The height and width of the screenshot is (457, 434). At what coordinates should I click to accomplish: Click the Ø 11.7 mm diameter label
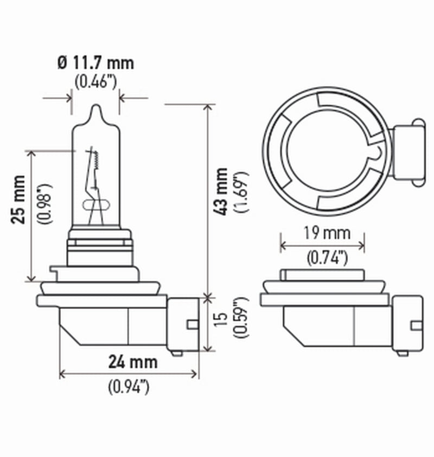[x=95, y=63]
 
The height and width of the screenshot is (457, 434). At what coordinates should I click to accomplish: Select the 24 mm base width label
[x=132, y=361]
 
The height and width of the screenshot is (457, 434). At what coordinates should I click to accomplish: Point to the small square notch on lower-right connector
[x=416, y=325]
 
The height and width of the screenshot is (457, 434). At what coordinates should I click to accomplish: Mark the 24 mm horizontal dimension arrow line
[x=129, y=374]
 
